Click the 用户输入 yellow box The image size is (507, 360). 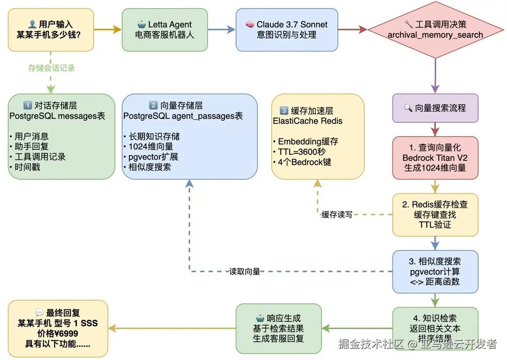pos(51,30)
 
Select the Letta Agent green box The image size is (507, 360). pos(165,30)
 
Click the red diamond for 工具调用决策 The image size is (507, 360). pos(435,30)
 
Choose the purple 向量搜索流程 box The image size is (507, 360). pos(435,108)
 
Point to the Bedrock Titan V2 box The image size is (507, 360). pos(435,158)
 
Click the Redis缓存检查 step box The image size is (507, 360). pos(435,215)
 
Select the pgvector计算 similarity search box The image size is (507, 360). pos(435,271)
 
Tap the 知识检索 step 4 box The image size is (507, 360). pos(435,328)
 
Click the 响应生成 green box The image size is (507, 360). pos(278,328)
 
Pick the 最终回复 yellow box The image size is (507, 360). pos(58,328)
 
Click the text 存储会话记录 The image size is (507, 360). pos(52,68)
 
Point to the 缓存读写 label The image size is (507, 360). pos(337,215)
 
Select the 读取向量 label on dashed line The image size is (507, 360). pos(244,271)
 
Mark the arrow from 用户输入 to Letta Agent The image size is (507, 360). pos(107,30)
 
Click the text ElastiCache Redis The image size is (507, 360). pos(307,121)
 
